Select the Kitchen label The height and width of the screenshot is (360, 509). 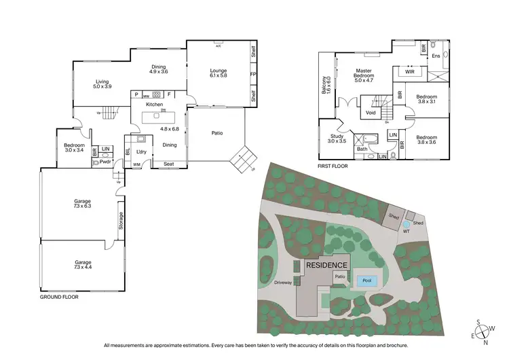click(155, 105)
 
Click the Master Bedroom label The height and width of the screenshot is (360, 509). click(366, 75)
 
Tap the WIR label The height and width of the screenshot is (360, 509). click(409, 71)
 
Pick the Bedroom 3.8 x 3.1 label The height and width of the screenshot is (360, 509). click(426, 99)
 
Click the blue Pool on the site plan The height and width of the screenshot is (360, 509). click(367, 280)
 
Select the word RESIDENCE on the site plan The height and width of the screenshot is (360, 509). click(326, 265)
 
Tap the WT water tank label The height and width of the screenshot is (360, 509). click(407, 230)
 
